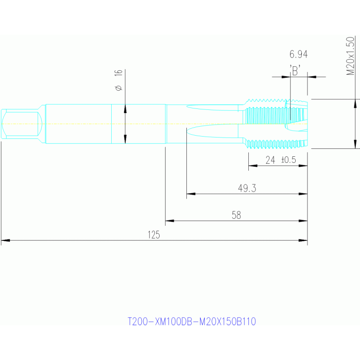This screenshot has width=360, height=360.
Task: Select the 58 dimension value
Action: pyautogui.click(x=236, y=215)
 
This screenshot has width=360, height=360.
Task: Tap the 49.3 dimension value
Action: pyautogui.click(x=247, y=188)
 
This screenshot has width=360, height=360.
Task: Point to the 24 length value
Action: pyautogui.click(x=270, y=160)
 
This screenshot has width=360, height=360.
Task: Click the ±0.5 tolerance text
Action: pyautogui.click(x=288, y=160)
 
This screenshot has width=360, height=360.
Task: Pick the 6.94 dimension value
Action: pyautogui.click(x=299, y=54)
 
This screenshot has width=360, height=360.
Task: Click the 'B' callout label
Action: pyautogui.click(x=295, y=71)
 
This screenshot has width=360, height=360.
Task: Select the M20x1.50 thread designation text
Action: pyautogui.click(x=350, y=56)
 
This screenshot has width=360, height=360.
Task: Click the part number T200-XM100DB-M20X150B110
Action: pyautogui.click(x=191, y=322)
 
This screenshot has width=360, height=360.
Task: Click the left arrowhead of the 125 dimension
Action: pyautogui.click(x=5, y=240)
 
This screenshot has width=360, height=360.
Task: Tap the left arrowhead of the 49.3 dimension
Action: pyautogui.click(x=191, y=193)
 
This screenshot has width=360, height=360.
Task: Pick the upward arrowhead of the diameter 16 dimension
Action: pyautogui.click(x=125, y=108)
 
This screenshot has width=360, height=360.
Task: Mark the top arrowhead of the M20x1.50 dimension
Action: pyautogui.click(x=355, y=103)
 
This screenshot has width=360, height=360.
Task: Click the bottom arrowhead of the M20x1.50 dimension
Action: pyautogui.click(x=355, y=144)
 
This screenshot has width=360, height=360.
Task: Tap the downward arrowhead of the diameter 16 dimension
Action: pyautogui.click(x=125, y=139)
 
